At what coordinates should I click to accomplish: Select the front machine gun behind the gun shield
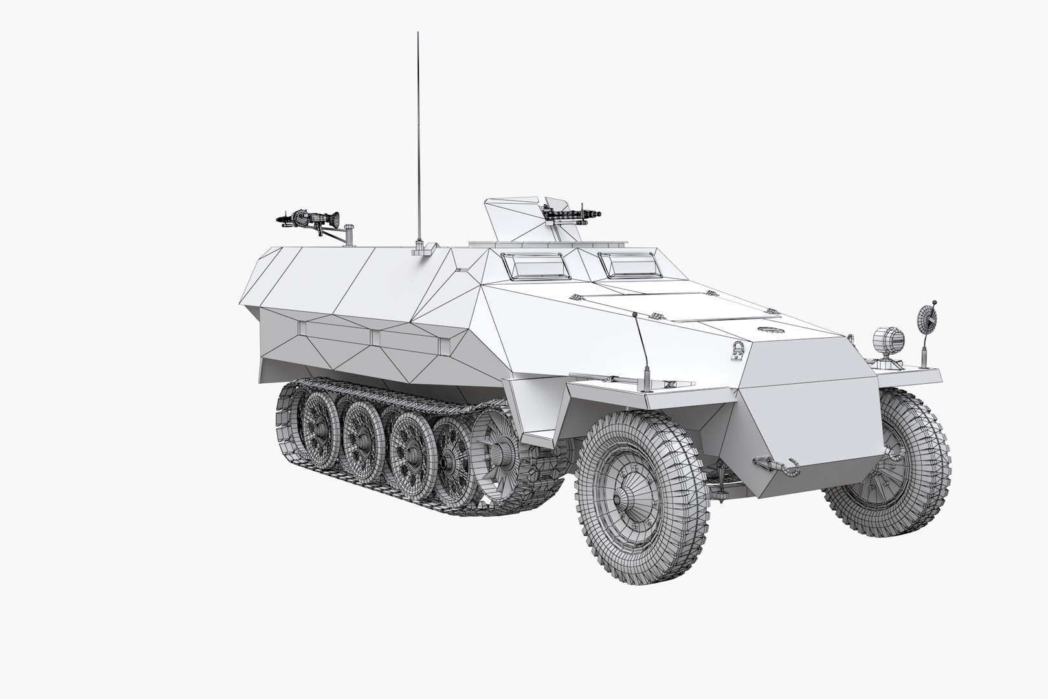pos(572,212)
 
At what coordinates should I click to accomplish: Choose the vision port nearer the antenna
pos(534,264)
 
